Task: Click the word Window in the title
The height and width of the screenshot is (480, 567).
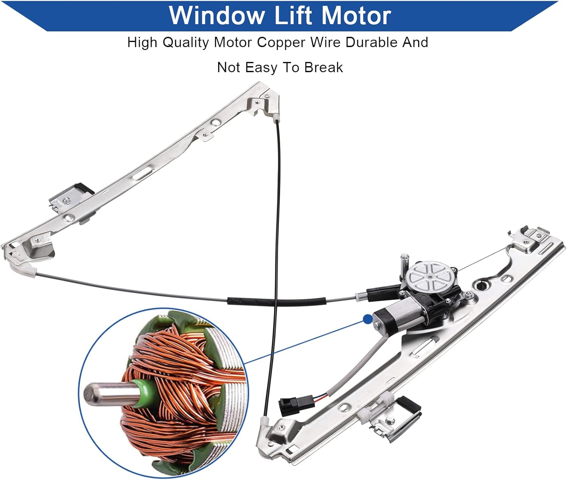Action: [217, 15]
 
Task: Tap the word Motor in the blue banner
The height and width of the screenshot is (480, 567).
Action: [356, 15]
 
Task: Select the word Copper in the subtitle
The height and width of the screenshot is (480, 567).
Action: [281, 42]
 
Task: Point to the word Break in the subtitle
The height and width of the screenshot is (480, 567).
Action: [324, 68]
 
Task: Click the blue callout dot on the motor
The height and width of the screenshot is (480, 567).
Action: [367, 319]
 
